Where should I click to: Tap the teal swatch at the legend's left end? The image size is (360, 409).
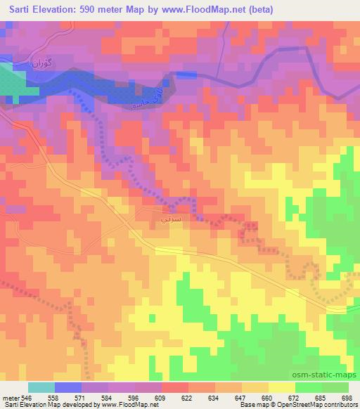point(41,387)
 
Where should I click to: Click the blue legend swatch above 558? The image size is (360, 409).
point(67,387)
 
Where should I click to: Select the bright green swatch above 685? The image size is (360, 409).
point(308,387)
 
